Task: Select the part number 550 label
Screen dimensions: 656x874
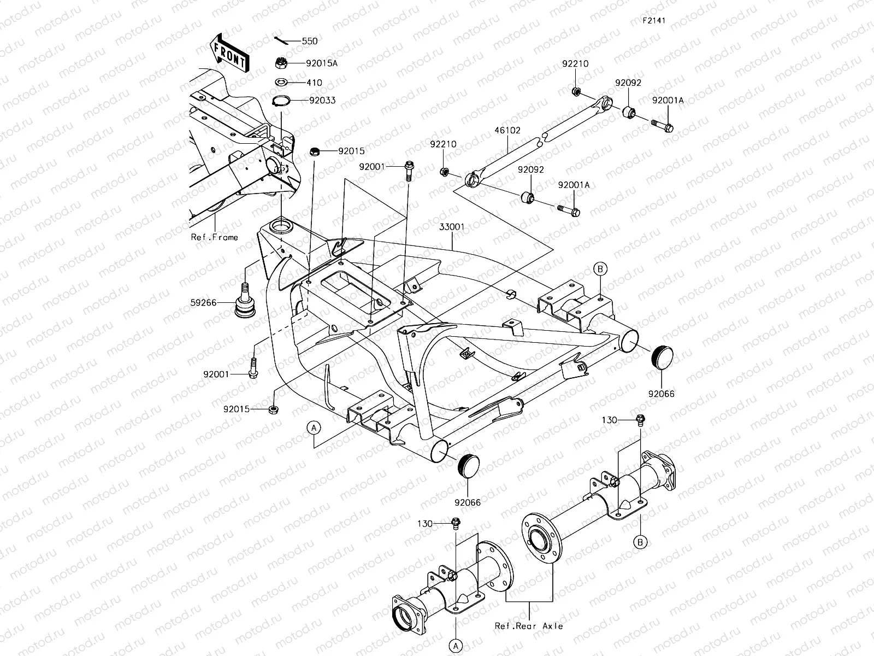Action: pos(309,41)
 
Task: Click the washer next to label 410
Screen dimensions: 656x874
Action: pos(282,83)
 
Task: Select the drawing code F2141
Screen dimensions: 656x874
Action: pos(654,21)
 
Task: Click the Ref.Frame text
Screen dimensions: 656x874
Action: pos(214,237)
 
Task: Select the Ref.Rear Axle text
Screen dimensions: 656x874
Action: pos(529,626)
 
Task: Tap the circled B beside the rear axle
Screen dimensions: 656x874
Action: pos(641,542)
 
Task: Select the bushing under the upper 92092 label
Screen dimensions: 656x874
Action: pos(630,113)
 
